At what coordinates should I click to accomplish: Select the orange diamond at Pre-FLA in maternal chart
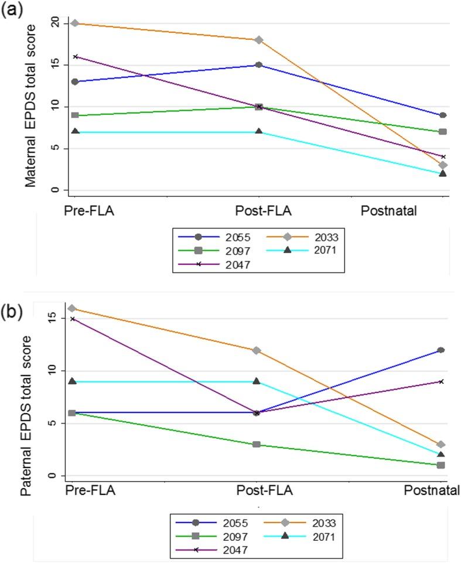pos(74,23)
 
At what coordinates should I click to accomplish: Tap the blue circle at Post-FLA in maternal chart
pos(258,65)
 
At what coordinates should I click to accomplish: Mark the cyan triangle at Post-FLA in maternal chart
pos(258,131)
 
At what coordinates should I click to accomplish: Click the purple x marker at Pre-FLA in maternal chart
pos(74,57)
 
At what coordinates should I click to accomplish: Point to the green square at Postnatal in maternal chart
pos(443,132)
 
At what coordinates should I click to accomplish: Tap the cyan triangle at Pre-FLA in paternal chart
pos(72,381)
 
